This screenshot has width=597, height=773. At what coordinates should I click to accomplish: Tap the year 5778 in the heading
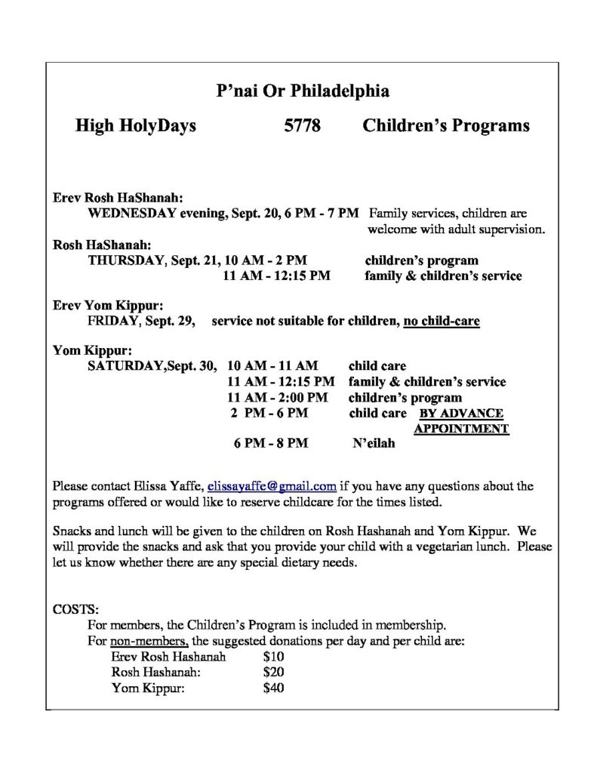(x=301, y=125)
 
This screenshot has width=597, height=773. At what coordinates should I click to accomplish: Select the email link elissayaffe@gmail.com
(x=272, y=485)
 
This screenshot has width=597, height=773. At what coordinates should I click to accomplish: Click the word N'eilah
(x=373, y=444)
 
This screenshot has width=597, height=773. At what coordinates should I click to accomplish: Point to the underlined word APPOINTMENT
(x=461, y=429)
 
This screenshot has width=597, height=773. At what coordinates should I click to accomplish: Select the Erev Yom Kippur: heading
(x=107, y=306)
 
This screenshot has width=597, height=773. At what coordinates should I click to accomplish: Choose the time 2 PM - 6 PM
(x=269, y=413)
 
